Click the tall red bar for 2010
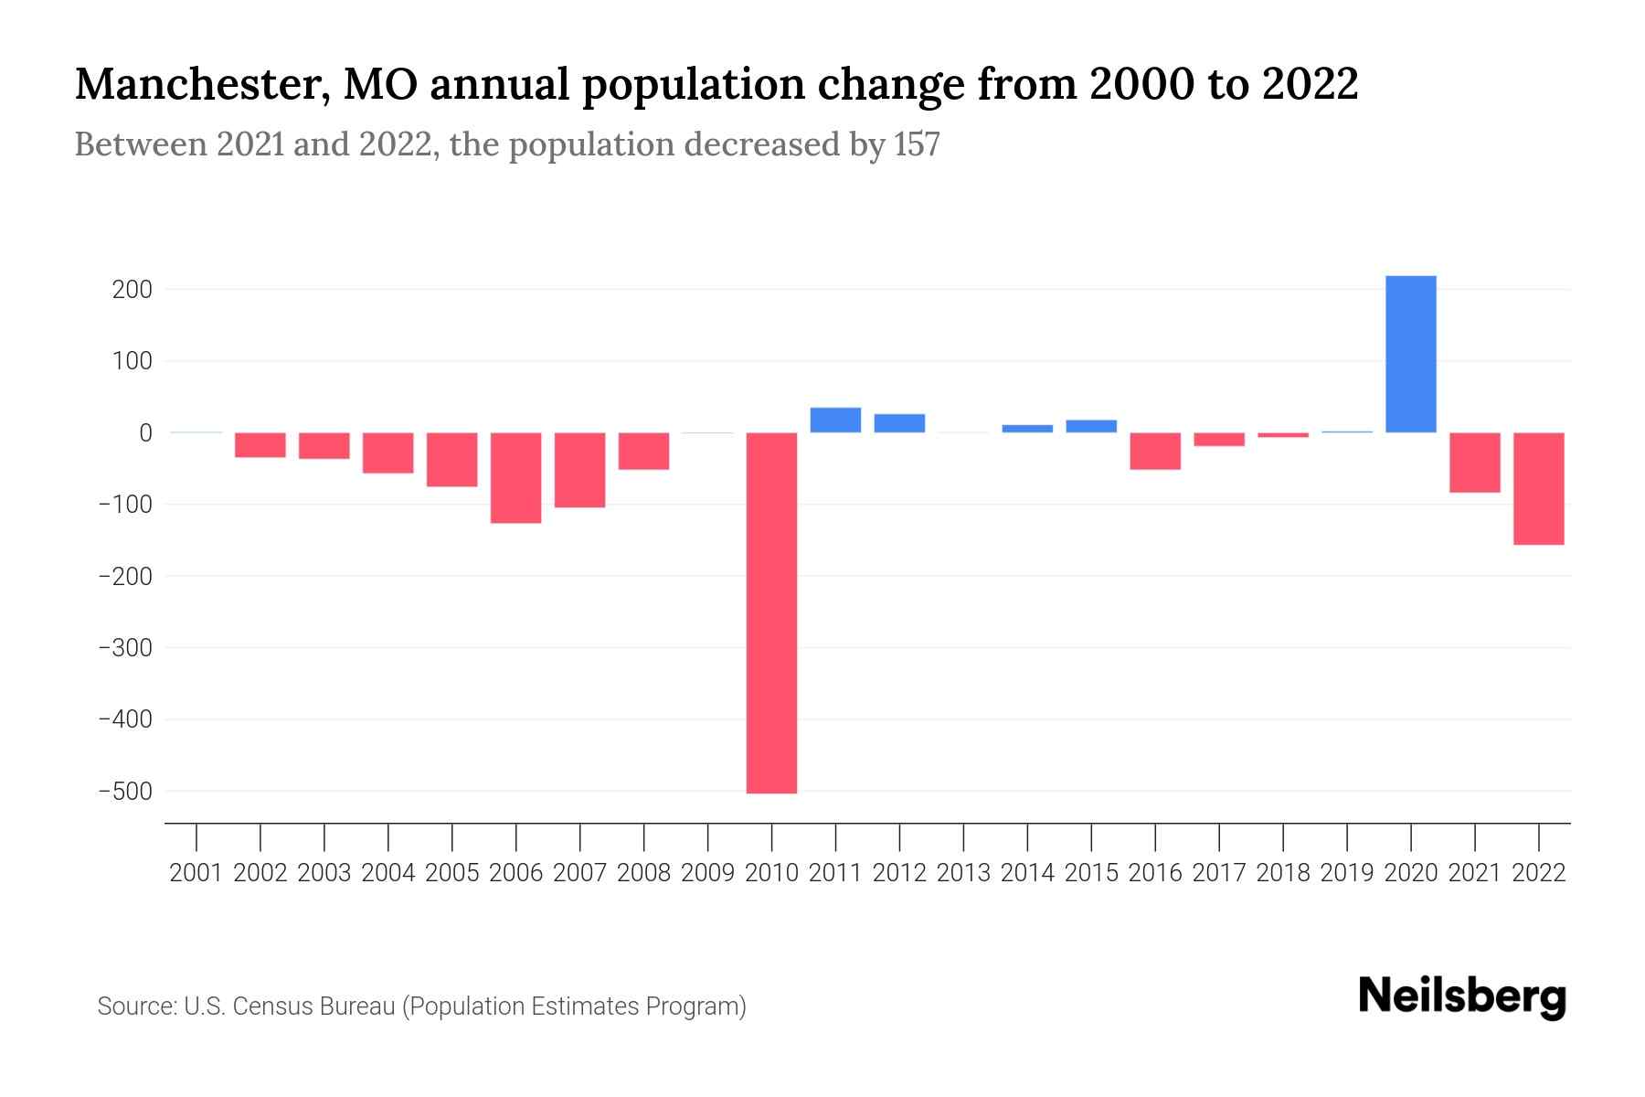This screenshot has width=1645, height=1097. (x=771, y=612)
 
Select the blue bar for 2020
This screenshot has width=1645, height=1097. (x=1410, y=354)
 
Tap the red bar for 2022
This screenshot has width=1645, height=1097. (x=1538, y=488)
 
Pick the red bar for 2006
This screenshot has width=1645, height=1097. (x=515, y=477)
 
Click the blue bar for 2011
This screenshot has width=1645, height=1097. (x=835, y=420)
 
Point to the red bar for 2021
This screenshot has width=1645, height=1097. (x=1474, y=463)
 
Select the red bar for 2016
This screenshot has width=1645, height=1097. (x=1155, y=451)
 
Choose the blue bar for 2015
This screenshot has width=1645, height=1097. (x=1091, y=426)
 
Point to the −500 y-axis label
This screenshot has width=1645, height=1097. (x=125, y=791)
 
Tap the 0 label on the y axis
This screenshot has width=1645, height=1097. (x=144, y=433)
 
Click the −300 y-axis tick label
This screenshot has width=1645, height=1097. (x=125, y=648)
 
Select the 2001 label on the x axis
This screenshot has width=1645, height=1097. (x=196, y=873)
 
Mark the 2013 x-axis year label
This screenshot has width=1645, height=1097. (x=963, y=873)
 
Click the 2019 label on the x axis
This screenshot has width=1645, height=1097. (x=1346, y=873)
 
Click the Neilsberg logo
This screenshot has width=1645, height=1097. (x=1462, y=996)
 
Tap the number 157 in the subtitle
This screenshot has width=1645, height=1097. (x=917, y=144)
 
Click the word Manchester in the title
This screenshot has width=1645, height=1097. (x=202, y=85)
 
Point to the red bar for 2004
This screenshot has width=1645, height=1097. (x=387, y=453)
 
